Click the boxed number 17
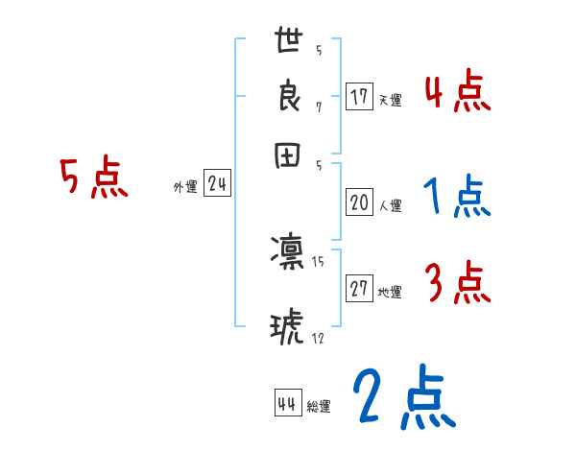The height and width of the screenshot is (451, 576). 359,97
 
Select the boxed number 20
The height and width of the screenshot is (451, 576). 359,202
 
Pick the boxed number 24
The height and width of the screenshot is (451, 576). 217,185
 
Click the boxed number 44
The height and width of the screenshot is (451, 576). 287,404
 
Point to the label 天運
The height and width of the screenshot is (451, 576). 390,100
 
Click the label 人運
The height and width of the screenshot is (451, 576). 390,205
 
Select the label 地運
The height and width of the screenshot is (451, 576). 390,293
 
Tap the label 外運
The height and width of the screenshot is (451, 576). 185,188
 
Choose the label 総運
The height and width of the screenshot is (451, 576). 318,407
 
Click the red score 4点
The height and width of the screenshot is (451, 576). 457,94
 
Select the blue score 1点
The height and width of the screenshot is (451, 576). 457,198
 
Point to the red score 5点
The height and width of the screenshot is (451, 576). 95,178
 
